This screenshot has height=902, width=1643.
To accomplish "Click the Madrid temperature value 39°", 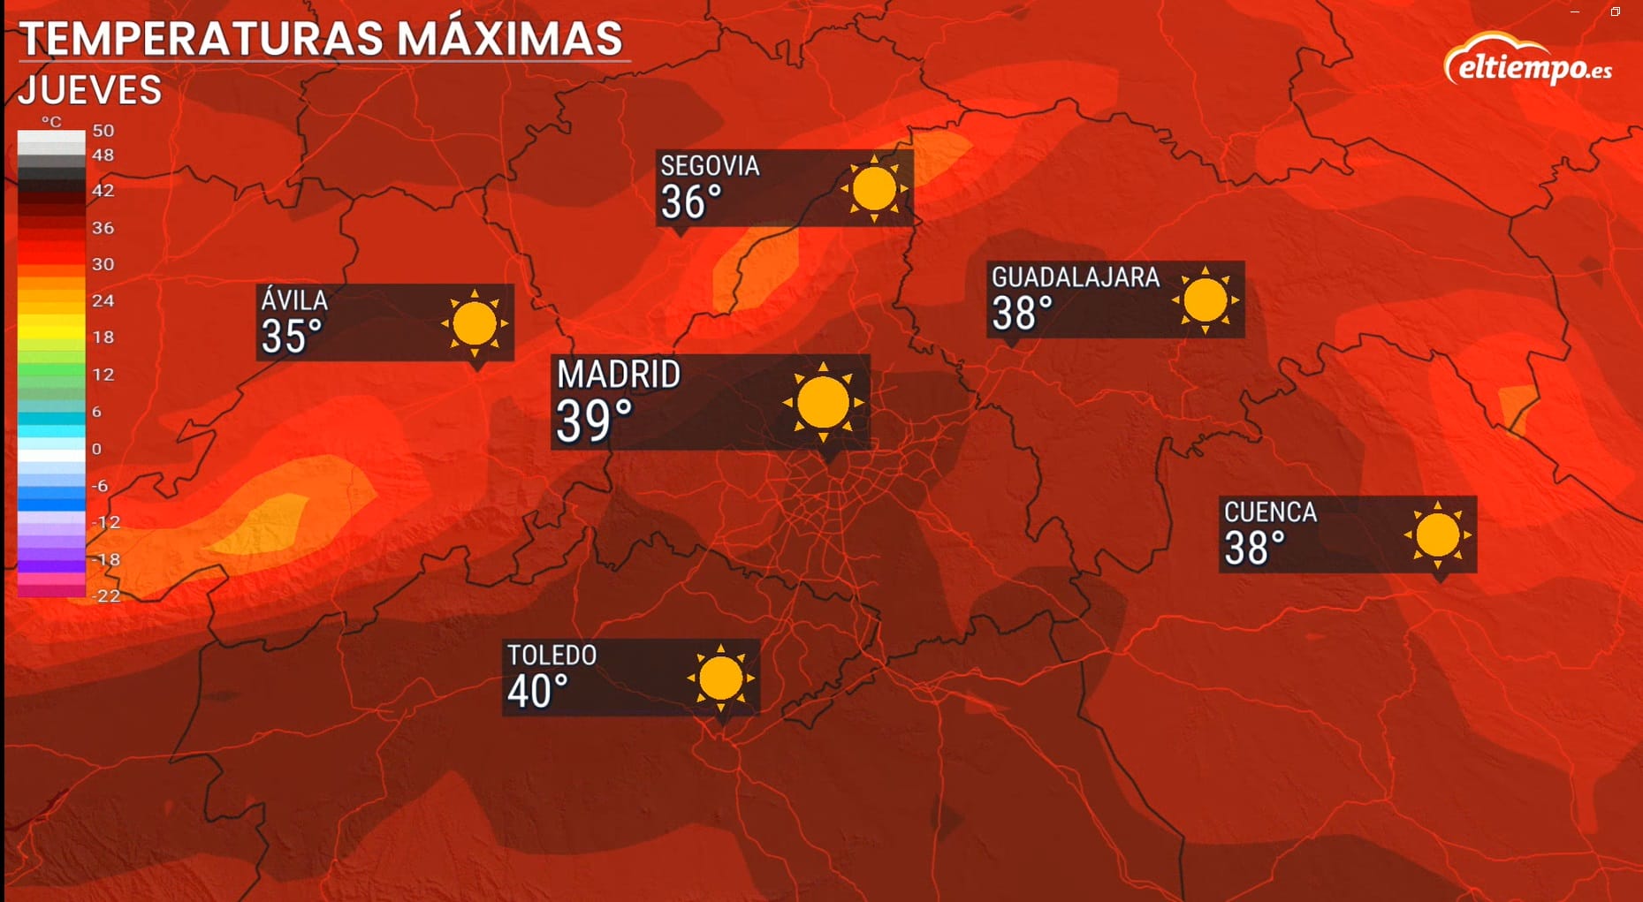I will (594, 421).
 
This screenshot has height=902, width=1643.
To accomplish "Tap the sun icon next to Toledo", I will (720, 678).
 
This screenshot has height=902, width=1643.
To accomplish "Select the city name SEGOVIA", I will (710, 165).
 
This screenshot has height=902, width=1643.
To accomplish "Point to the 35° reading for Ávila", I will (291, 336).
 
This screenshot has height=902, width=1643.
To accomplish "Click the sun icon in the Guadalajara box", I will (1205, 300).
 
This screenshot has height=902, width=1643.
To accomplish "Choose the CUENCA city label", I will (1270, 512).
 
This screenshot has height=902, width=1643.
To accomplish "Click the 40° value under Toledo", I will (537, 691).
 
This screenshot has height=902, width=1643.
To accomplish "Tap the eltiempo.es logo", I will (1529, 61).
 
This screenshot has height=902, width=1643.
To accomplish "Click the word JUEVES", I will (90, 90).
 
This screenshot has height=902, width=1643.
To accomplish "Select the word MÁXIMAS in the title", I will (510, 39).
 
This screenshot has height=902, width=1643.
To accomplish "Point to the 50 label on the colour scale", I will (103, 131).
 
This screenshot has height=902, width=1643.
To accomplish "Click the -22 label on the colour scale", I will (106, 595).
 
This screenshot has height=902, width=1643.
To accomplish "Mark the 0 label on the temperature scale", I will (97, 449).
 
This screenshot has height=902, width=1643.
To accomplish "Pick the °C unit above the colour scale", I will (51, 121).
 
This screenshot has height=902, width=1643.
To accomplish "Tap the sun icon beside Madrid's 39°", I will (823, 403).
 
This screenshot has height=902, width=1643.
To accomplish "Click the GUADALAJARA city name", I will (1075, 277).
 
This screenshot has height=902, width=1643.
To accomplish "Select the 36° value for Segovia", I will (691, 202).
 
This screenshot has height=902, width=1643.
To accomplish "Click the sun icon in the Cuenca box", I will (1437, 535).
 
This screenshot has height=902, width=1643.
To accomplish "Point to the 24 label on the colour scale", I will (103, 300).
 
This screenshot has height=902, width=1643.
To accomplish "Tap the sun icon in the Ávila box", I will (475, 323).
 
